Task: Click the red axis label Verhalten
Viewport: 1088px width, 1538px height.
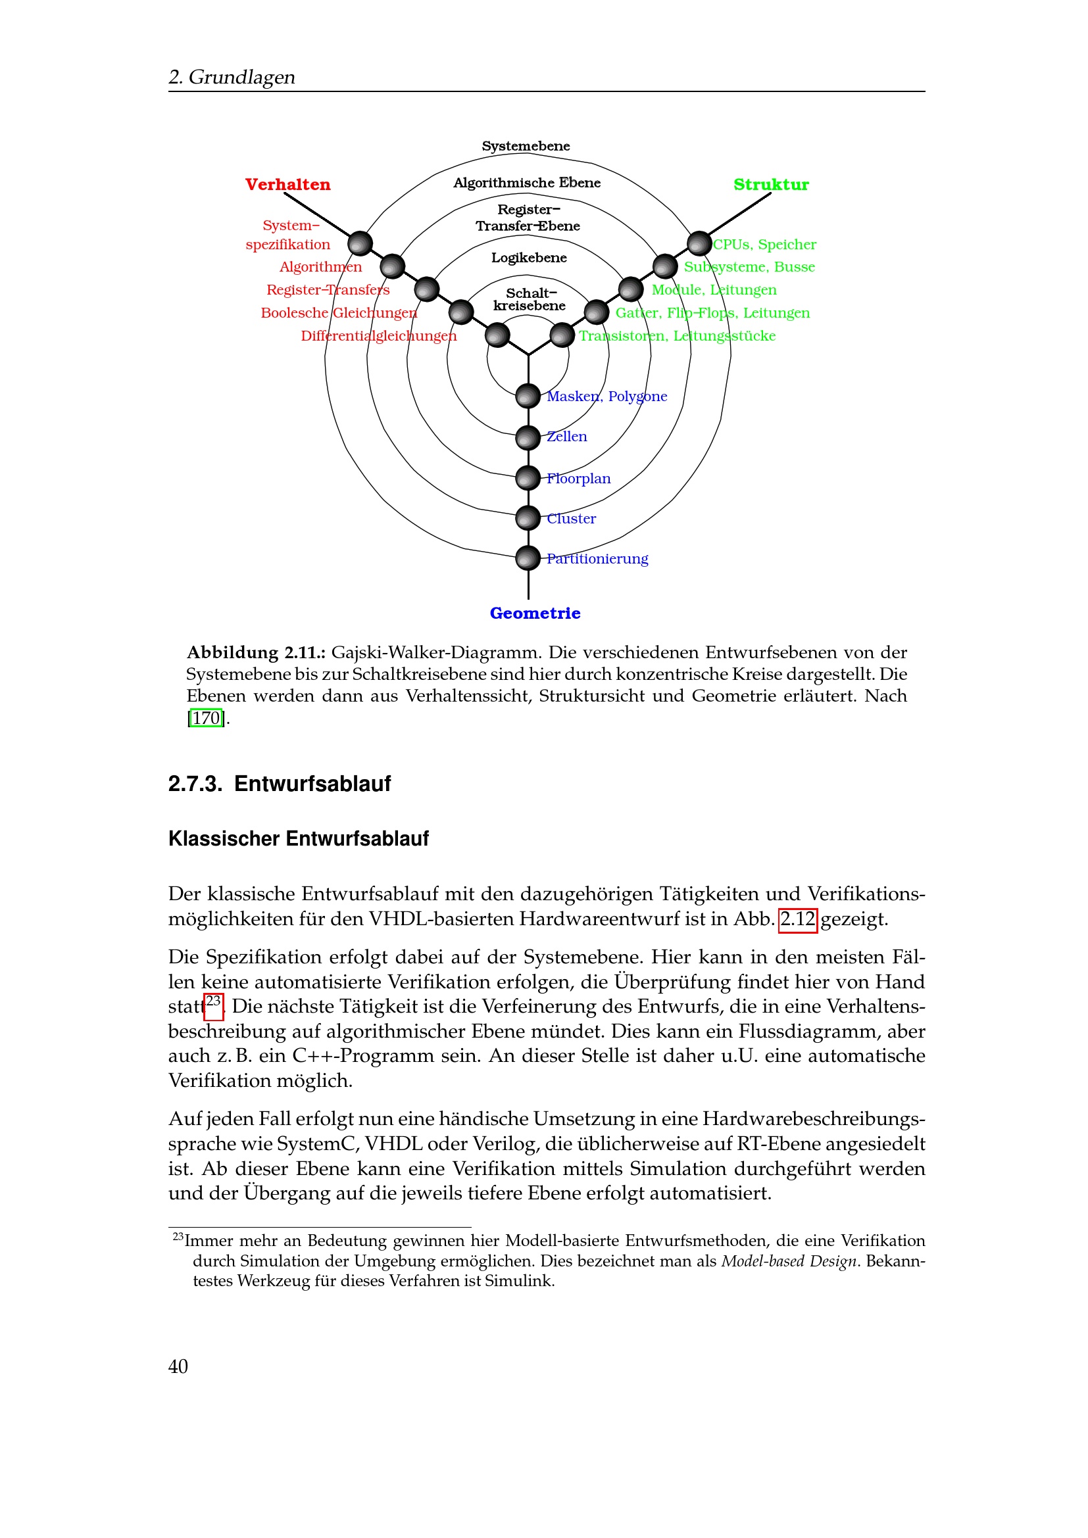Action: pyautogui.click(x=287, y=184)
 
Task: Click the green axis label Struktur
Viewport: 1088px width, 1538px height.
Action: pyautogui.click(x=770, y=184)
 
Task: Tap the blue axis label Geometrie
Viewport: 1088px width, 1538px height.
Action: pyautogui.click(x=535, y=613)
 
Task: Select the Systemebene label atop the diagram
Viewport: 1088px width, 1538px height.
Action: pyautogui.click(x=526, y=146)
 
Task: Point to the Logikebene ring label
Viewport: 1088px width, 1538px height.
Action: pyautogui.click(x=529, y=258)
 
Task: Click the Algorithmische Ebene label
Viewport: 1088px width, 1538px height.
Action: pyautogui.click(x=527, y=183)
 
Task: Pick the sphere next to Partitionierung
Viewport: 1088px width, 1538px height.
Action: pyautogui.click(x=528, y=558)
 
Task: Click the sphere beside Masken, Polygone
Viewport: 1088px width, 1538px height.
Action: pyautogui.click(x=528, y=396)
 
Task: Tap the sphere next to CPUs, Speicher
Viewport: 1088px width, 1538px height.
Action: pyautogui.click(x=699, y=243)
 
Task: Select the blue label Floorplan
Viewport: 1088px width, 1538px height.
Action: pyautogui.click(x=579, y=478)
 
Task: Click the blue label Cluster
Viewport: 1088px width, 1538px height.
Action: pyautogui.click(x=572, y=518)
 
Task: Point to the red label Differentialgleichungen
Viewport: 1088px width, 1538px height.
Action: pyautogui.click(x=378, y=335)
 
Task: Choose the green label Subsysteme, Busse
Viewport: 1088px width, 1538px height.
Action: pyautogui.click(x=749, y=266)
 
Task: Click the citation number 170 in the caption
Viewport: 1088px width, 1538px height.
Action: pyautogui.click(x=207, y=718)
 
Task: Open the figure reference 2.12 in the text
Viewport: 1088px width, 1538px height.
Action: pyautogui.click(x=797, y=919)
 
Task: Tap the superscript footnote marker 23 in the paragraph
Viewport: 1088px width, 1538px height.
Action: pyautogui.click(x=213, y=1002)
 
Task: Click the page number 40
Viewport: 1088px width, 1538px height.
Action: pyautogui.click(x=178, y=1366)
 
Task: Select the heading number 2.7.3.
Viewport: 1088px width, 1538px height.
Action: pyautogui.click(x=195, y=784)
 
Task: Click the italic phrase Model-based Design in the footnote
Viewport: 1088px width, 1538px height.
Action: pyautogui.click(x=789, y=1261)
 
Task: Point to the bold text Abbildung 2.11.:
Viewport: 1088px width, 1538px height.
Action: pyautogui.click(x=256, y=652)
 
